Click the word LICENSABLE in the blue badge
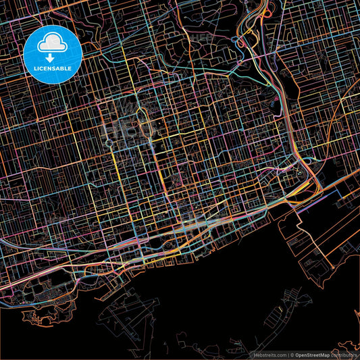tap(52, 68)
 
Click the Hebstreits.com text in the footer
tap(269, 354)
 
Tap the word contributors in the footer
tap(344, 354)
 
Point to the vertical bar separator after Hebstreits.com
tap(288, 354)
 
